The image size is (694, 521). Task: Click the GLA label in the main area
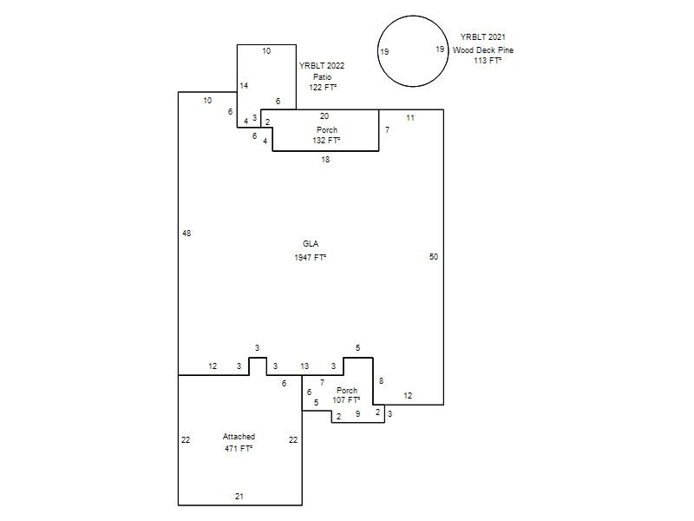(311, 244)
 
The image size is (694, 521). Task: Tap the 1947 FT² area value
(311, 257)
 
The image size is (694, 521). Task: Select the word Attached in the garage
(239, 437)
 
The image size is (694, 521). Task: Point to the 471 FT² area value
(239, 448)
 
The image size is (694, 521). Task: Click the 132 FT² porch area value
(327, 140)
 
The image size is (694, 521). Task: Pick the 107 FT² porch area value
(346, 399)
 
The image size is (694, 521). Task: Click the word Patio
(322, 77)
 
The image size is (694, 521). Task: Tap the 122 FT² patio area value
(323, 88)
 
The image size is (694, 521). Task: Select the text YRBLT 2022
(322, 66)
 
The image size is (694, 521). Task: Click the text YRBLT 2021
(483, 37)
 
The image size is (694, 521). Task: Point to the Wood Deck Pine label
(483, 50)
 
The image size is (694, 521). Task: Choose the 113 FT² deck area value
(488, 60)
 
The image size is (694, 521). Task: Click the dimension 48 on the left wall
(187, 233)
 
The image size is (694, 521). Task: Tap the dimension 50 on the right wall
(434, 256)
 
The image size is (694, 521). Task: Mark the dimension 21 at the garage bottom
(239, 496)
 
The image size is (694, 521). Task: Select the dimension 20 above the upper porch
(324, 116)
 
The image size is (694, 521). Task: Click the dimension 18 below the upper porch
(325, 160)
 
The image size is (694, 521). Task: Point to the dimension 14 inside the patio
(244, 85)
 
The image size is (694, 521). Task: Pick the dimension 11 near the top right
(410, 118)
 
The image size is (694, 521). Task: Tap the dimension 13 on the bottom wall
(304, 366)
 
